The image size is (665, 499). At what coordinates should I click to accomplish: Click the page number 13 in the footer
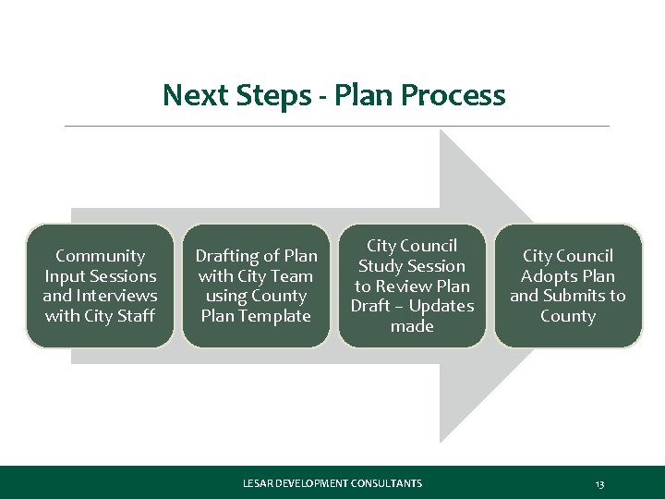(x=599, y=483)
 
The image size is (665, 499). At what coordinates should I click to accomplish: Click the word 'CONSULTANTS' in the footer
(x=385, y=483)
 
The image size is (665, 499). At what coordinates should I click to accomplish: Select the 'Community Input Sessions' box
(x=100, y=286)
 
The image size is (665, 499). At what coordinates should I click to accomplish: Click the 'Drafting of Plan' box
(x=256, y=286)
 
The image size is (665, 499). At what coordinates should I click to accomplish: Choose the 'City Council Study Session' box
(x=412, y=286)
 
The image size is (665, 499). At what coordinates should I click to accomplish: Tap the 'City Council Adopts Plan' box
(x=568, y=286)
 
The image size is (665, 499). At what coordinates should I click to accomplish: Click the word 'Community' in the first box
(x=100, y=256)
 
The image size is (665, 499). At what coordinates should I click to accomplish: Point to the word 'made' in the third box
(x=412, y=326)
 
